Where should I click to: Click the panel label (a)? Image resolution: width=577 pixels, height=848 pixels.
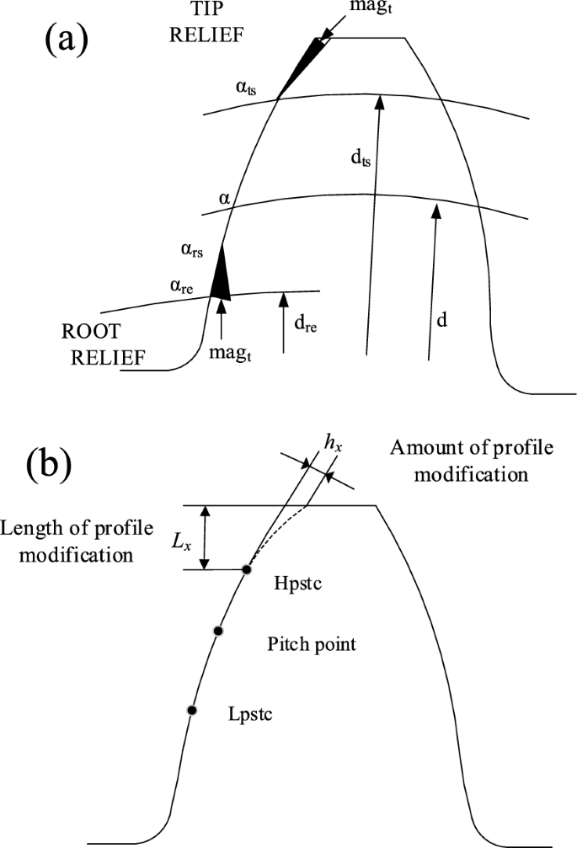(65, 40)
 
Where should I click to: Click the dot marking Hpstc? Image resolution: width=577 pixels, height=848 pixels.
(247, 570)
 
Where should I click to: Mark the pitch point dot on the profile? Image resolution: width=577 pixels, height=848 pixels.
(218, 631)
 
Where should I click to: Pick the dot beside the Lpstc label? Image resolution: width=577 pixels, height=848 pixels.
(192, 711)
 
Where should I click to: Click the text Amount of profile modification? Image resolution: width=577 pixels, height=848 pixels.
(471, 460)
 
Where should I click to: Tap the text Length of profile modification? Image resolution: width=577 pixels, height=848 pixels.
(77, 541)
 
